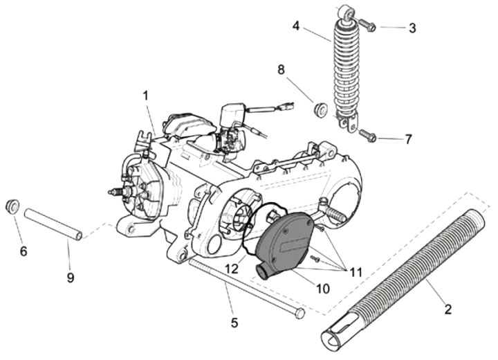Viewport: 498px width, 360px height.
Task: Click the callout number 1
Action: (x=146, y=95)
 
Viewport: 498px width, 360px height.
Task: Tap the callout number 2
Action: (x=448, y=309)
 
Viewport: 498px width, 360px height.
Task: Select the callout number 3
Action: (x=412, y=28)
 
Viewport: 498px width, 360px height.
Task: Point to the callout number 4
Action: (x=296, y=27)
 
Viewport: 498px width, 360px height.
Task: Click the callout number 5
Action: (x=234, y=322)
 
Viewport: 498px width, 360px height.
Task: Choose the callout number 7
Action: (x=408, y=139)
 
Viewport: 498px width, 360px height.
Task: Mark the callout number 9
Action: (x=71, y=278)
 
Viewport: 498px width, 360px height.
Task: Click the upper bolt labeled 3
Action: (x=368, y=26)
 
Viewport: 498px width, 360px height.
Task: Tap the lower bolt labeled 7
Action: (x=368, y=136)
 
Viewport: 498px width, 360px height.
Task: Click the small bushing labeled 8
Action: (x=320, y=109)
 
